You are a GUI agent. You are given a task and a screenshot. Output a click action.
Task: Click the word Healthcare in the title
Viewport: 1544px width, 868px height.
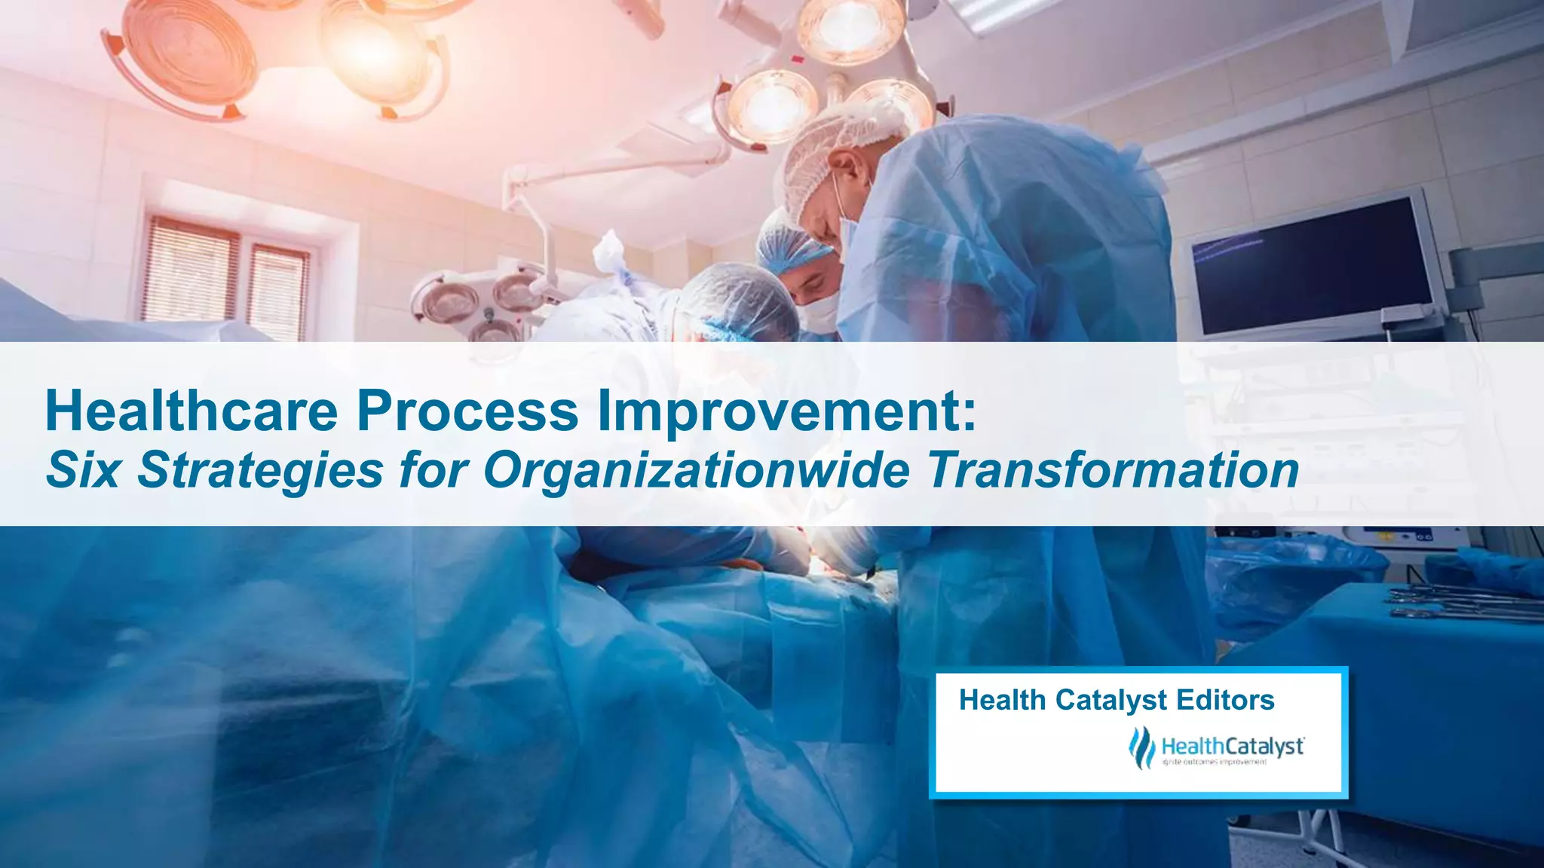click(191, 411)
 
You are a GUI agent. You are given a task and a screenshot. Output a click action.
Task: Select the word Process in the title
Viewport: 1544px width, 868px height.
click(467, 411)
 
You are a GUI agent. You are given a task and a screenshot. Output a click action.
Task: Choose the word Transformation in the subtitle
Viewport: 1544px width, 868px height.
click(1113, 470)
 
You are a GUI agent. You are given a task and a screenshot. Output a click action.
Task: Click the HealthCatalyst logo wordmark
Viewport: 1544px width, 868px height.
click(1233, 747)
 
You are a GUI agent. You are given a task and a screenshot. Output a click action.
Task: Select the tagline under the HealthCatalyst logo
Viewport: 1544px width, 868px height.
click(1215, 763)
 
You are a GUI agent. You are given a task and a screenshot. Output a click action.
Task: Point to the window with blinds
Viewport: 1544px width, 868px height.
click(226, 275)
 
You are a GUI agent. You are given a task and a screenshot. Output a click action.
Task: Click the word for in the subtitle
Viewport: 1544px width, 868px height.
click(434, 470)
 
